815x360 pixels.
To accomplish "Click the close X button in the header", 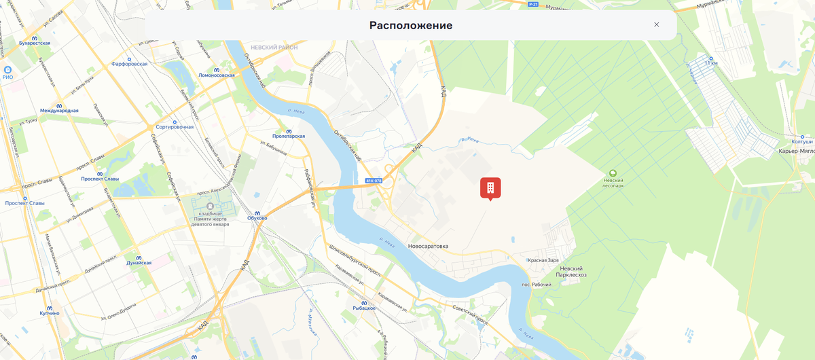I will [656, 25].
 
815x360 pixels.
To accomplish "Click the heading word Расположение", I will [410, 26].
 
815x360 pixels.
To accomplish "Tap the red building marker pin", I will [490, 187].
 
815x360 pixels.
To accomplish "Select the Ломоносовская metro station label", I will [216, 75].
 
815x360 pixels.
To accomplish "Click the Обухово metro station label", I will [257, 217].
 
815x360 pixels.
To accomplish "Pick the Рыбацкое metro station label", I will [364, 308].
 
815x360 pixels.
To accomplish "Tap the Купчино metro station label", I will [49, 312].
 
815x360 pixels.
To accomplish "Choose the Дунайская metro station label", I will [139, 262].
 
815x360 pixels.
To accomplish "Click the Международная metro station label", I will [59, 110].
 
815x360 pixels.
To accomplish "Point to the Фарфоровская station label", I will [130, 64].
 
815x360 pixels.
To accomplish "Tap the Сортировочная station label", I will [175, 127].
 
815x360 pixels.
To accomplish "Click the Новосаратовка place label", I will [428, 247].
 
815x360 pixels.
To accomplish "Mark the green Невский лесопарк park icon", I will [613, 173].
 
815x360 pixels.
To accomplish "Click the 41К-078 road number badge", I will [374, 181].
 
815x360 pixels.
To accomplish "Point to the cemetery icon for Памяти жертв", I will [210, 206].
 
